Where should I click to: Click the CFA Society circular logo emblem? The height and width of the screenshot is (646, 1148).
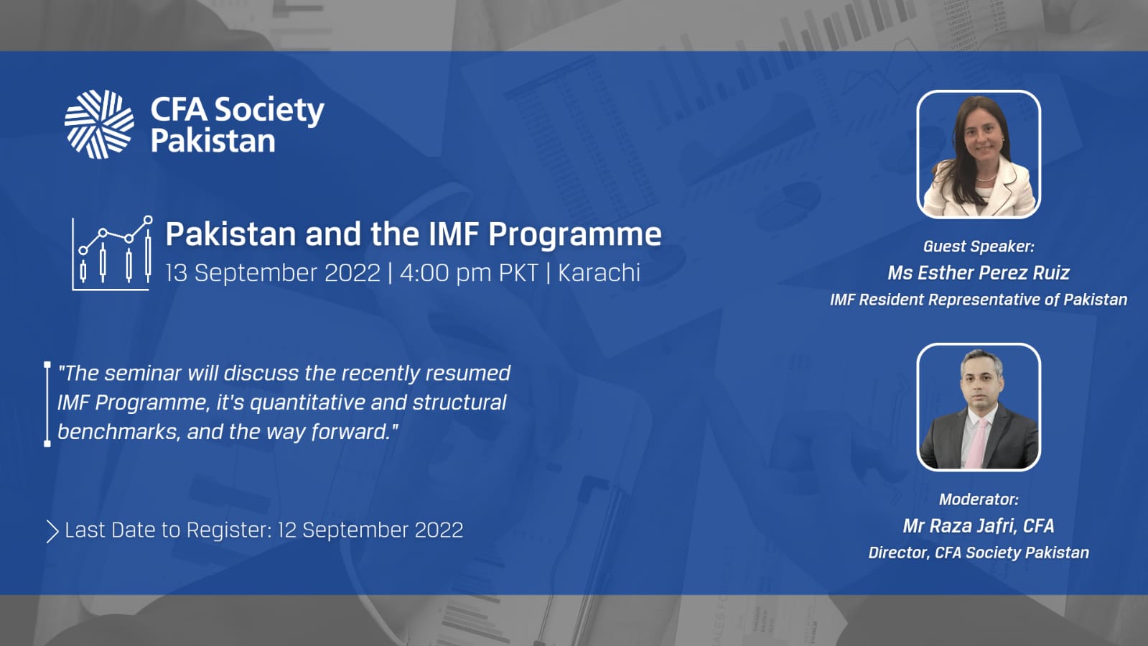[x=99, y=124]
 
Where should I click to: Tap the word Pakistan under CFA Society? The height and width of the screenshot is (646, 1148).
[x=213, y=141]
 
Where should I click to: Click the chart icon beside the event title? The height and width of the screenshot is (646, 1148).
[x=112, y=253]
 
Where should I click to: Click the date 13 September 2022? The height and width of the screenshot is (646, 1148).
[x=273, y=272]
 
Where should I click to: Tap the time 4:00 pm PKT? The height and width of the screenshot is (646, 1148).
[x=469, y=272]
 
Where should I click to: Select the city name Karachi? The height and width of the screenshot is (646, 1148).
[x=599, y=272]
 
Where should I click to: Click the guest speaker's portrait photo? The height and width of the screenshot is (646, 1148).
[x=979, y=154]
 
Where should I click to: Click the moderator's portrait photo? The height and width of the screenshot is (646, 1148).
[x=979, y=407]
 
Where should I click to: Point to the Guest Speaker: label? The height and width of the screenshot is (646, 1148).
[x=979, y=246]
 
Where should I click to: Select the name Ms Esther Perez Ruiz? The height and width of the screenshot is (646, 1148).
[x=979, y=273]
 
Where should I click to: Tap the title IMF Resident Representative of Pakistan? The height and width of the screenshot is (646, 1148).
[x=979, y=300]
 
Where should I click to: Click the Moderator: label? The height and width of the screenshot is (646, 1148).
[x=979, y=499]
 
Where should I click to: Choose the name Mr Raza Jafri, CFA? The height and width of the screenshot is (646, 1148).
[x=979, y=526]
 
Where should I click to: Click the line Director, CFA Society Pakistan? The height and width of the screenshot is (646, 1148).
[x=979, y=553]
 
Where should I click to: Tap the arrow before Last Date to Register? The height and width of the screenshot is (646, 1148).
[x=52, y=532]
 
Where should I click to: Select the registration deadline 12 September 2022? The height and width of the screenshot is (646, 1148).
[x=370, y=530]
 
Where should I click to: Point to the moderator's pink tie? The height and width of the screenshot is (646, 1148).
[x=978, y=443]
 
